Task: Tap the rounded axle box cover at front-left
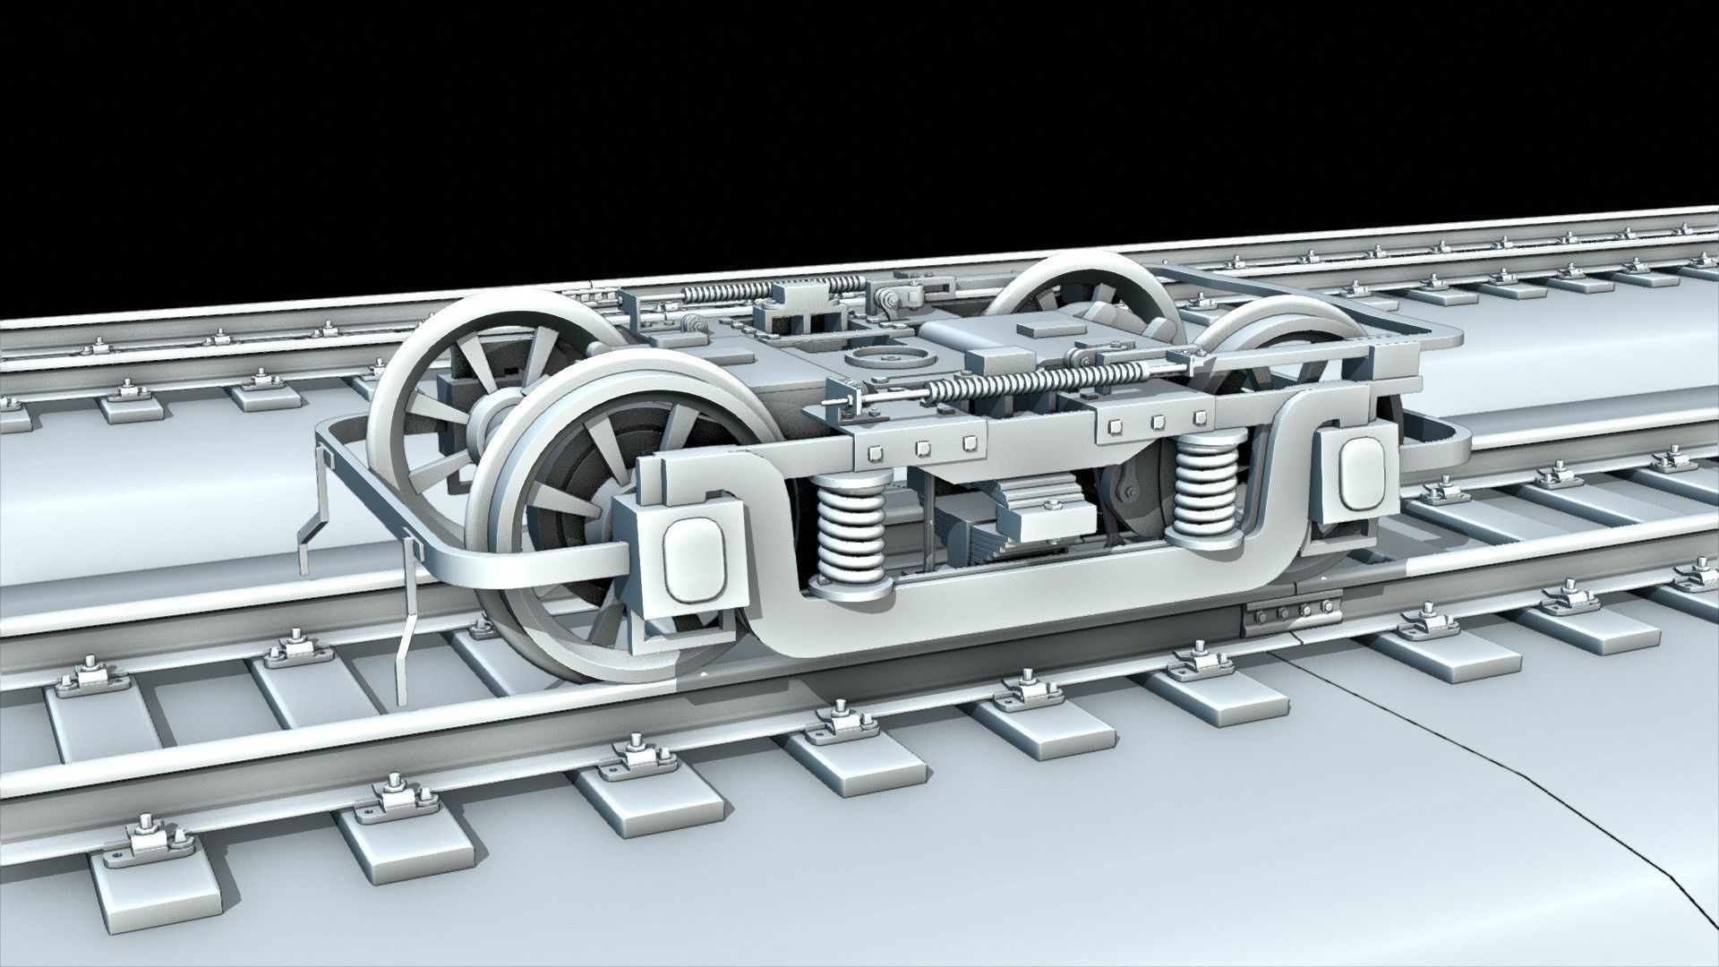[x=691, y=561]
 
